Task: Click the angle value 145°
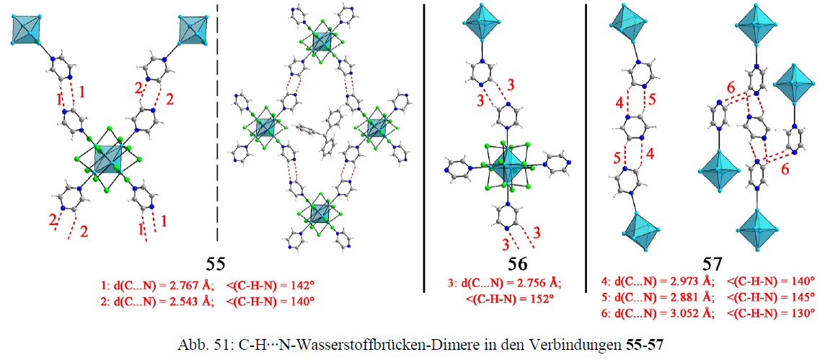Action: point(804,297)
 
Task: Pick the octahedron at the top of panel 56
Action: point(482,22)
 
